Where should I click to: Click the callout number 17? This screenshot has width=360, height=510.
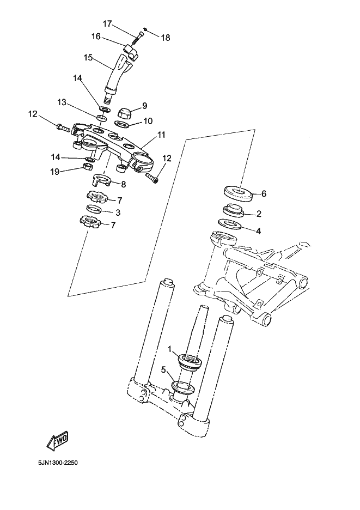tap(107, 23)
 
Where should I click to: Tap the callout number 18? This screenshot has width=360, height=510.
tap(165, 38)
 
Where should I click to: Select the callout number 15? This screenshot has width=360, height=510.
tap(89, 57)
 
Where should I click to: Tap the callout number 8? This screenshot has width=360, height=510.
tap(123, 184)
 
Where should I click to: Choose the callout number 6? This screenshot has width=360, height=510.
tap(264, 193)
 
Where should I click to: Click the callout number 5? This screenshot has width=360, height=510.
tap(163, 369)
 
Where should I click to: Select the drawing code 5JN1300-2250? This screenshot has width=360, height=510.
tap(58, 463)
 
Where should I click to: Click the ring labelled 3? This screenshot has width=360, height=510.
tap(95, 210)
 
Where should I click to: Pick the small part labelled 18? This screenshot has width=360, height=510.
tap(146, 29)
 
